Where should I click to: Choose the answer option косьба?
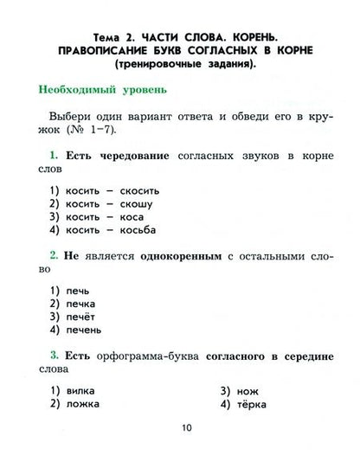(x=142, y=231)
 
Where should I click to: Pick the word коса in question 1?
(x=137, y=217)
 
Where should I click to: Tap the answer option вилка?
(x=80, y=390)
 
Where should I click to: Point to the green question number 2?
(x=54, y=255)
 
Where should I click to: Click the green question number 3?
(x=54, y=355)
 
